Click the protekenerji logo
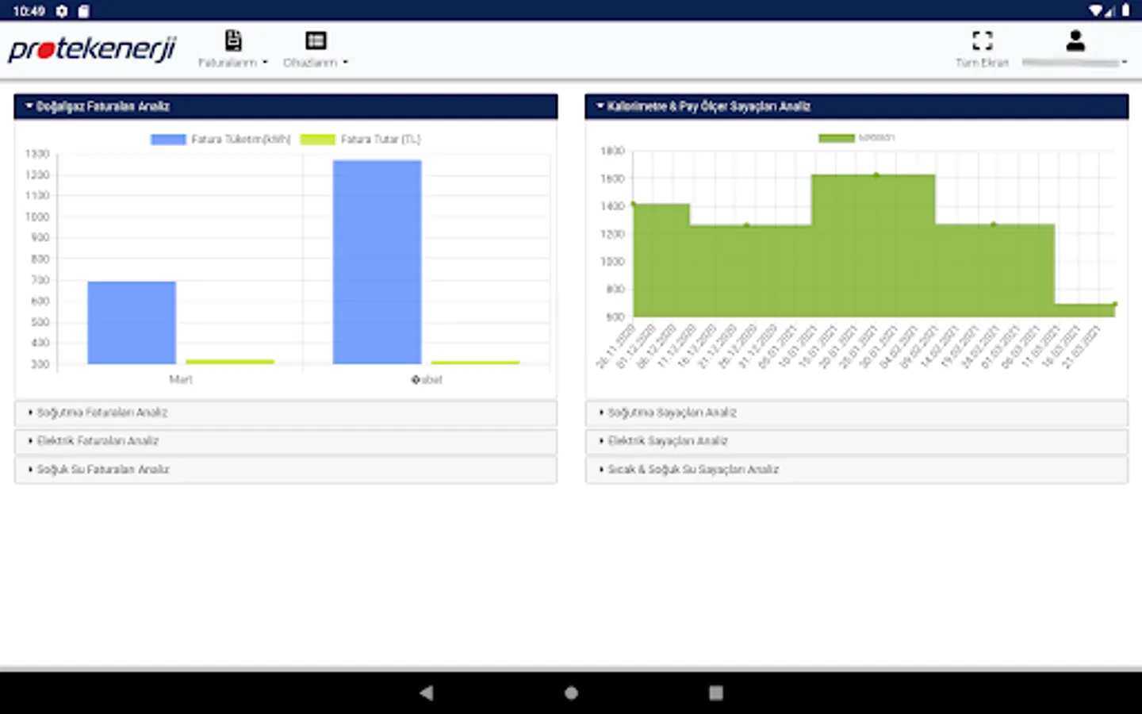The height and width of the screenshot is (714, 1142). point(92,49)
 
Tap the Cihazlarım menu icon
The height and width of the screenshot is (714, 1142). point(316,40)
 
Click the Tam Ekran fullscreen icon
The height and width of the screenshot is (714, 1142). point(982,40)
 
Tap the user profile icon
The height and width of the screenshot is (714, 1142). point(1075,41)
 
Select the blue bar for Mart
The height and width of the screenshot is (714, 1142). point(132,323)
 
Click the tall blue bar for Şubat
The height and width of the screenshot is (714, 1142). point(377,262)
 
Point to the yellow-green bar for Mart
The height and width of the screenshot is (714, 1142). point(229,362)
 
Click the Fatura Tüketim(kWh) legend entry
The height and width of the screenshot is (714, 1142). point(221,140)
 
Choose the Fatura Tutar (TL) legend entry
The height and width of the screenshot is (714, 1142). point(361,140)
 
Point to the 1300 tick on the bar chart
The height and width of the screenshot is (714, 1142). point(37,154)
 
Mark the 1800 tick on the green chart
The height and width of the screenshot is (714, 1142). point(612,151)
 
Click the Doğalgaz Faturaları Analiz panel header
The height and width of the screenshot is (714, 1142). point(285,106)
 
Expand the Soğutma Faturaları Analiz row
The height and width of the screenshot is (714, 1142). point(285,413)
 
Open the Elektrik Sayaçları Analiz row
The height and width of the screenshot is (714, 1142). point(856,441)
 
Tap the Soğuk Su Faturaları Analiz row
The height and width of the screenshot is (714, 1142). point(285,470)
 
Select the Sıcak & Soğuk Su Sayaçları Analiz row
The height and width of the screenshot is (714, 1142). point(856,470)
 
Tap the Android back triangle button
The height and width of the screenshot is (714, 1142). point(427,693)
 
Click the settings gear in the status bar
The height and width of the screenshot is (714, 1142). point(62,11)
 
